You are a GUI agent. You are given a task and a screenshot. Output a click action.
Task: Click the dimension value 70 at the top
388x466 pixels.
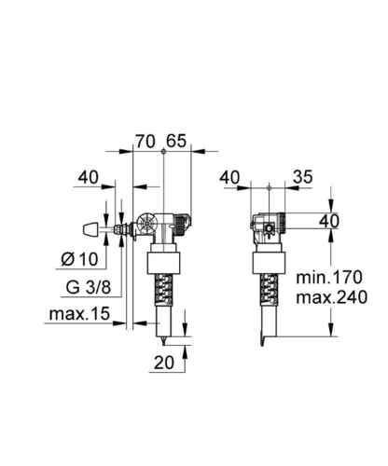[x=145, y=142]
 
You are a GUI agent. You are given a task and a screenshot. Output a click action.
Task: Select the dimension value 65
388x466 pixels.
[x=176, y=141]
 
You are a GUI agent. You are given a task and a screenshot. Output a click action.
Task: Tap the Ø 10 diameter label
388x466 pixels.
[x=79, y=259]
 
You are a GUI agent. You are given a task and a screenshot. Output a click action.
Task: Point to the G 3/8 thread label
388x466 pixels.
[x=89, y=287]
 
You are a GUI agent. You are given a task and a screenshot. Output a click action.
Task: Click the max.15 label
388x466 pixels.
[x=79, y=314]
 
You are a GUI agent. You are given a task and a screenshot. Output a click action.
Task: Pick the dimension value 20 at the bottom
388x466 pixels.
[x=164, y=363]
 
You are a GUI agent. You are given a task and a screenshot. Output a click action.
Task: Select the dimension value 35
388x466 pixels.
[x=302, y=177]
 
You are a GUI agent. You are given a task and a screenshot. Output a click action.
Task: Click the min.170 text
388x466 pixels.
[x=329, y=277]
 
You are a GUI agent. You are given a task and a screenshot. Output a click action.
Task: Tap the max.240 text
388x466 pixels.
[x=331, y=297]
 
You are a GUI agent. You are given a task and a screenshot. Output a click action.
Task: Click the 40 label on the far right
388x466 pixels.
[x=329, y=221]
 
